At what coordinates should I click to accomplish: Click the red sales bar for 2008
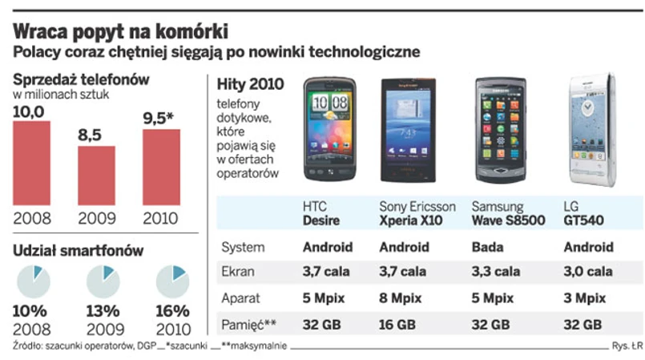coord(31,163)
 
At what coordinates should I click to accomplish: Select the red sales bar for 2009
coord(96,175)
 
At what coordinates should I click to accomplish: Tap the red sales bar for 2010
coord(160,167)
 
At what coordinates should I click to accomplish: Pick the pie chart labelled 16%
coord(172,281)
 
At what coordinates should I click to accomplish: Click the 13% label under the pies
coord(103,311)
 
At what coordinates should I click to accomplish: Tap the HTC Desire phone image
coord(329,131)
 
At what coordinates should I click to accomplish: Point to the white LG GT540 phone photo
coord(591,131)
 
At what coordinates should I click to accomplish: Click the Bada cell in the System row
coord(488,247)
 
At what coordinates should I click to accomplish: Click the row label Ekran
coord(238,272)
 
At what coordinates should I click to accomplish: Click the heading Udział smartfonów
coord(78,251)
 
